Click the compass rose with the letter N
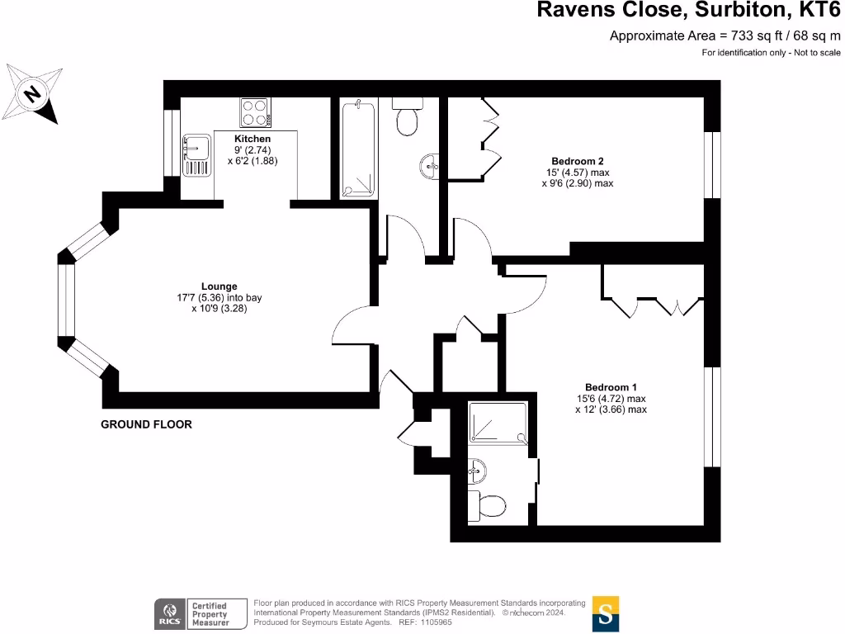tap(32, 93)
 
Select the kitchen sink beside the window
tap(196, 153)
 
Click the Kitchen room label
tap(253, 139)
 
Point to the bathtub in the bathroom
tap(358, 149)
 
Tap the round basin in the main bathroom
tap(430, 167)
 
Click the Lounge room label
tap(220, 286)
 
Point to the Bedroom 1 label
tap(611, 387)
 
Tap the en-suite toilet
tap(485, 503)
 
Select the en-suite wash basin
tap(476, 471)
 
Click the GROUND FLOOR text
tap(146, 424)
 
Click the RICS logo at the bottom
tap(168, 613)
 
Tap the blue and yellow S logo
tap(606, 613)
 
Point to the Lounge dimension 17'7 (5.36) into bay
tap(220, 298)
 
